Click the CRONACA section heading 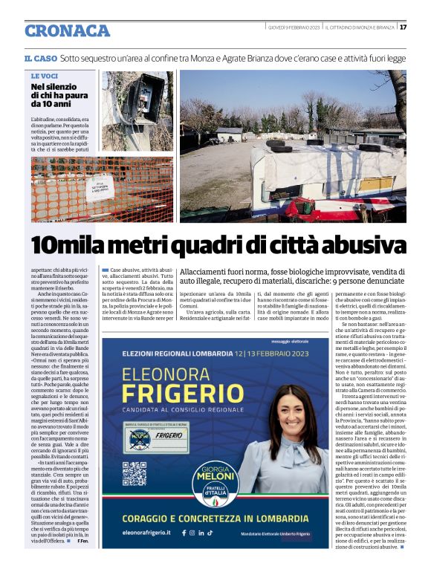(x=67, y=31)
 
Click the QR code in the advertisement (x=134, y=474)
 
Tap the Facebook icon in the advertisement (x=184, y=533)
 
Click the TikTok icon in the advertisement (x=210, y=533)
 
